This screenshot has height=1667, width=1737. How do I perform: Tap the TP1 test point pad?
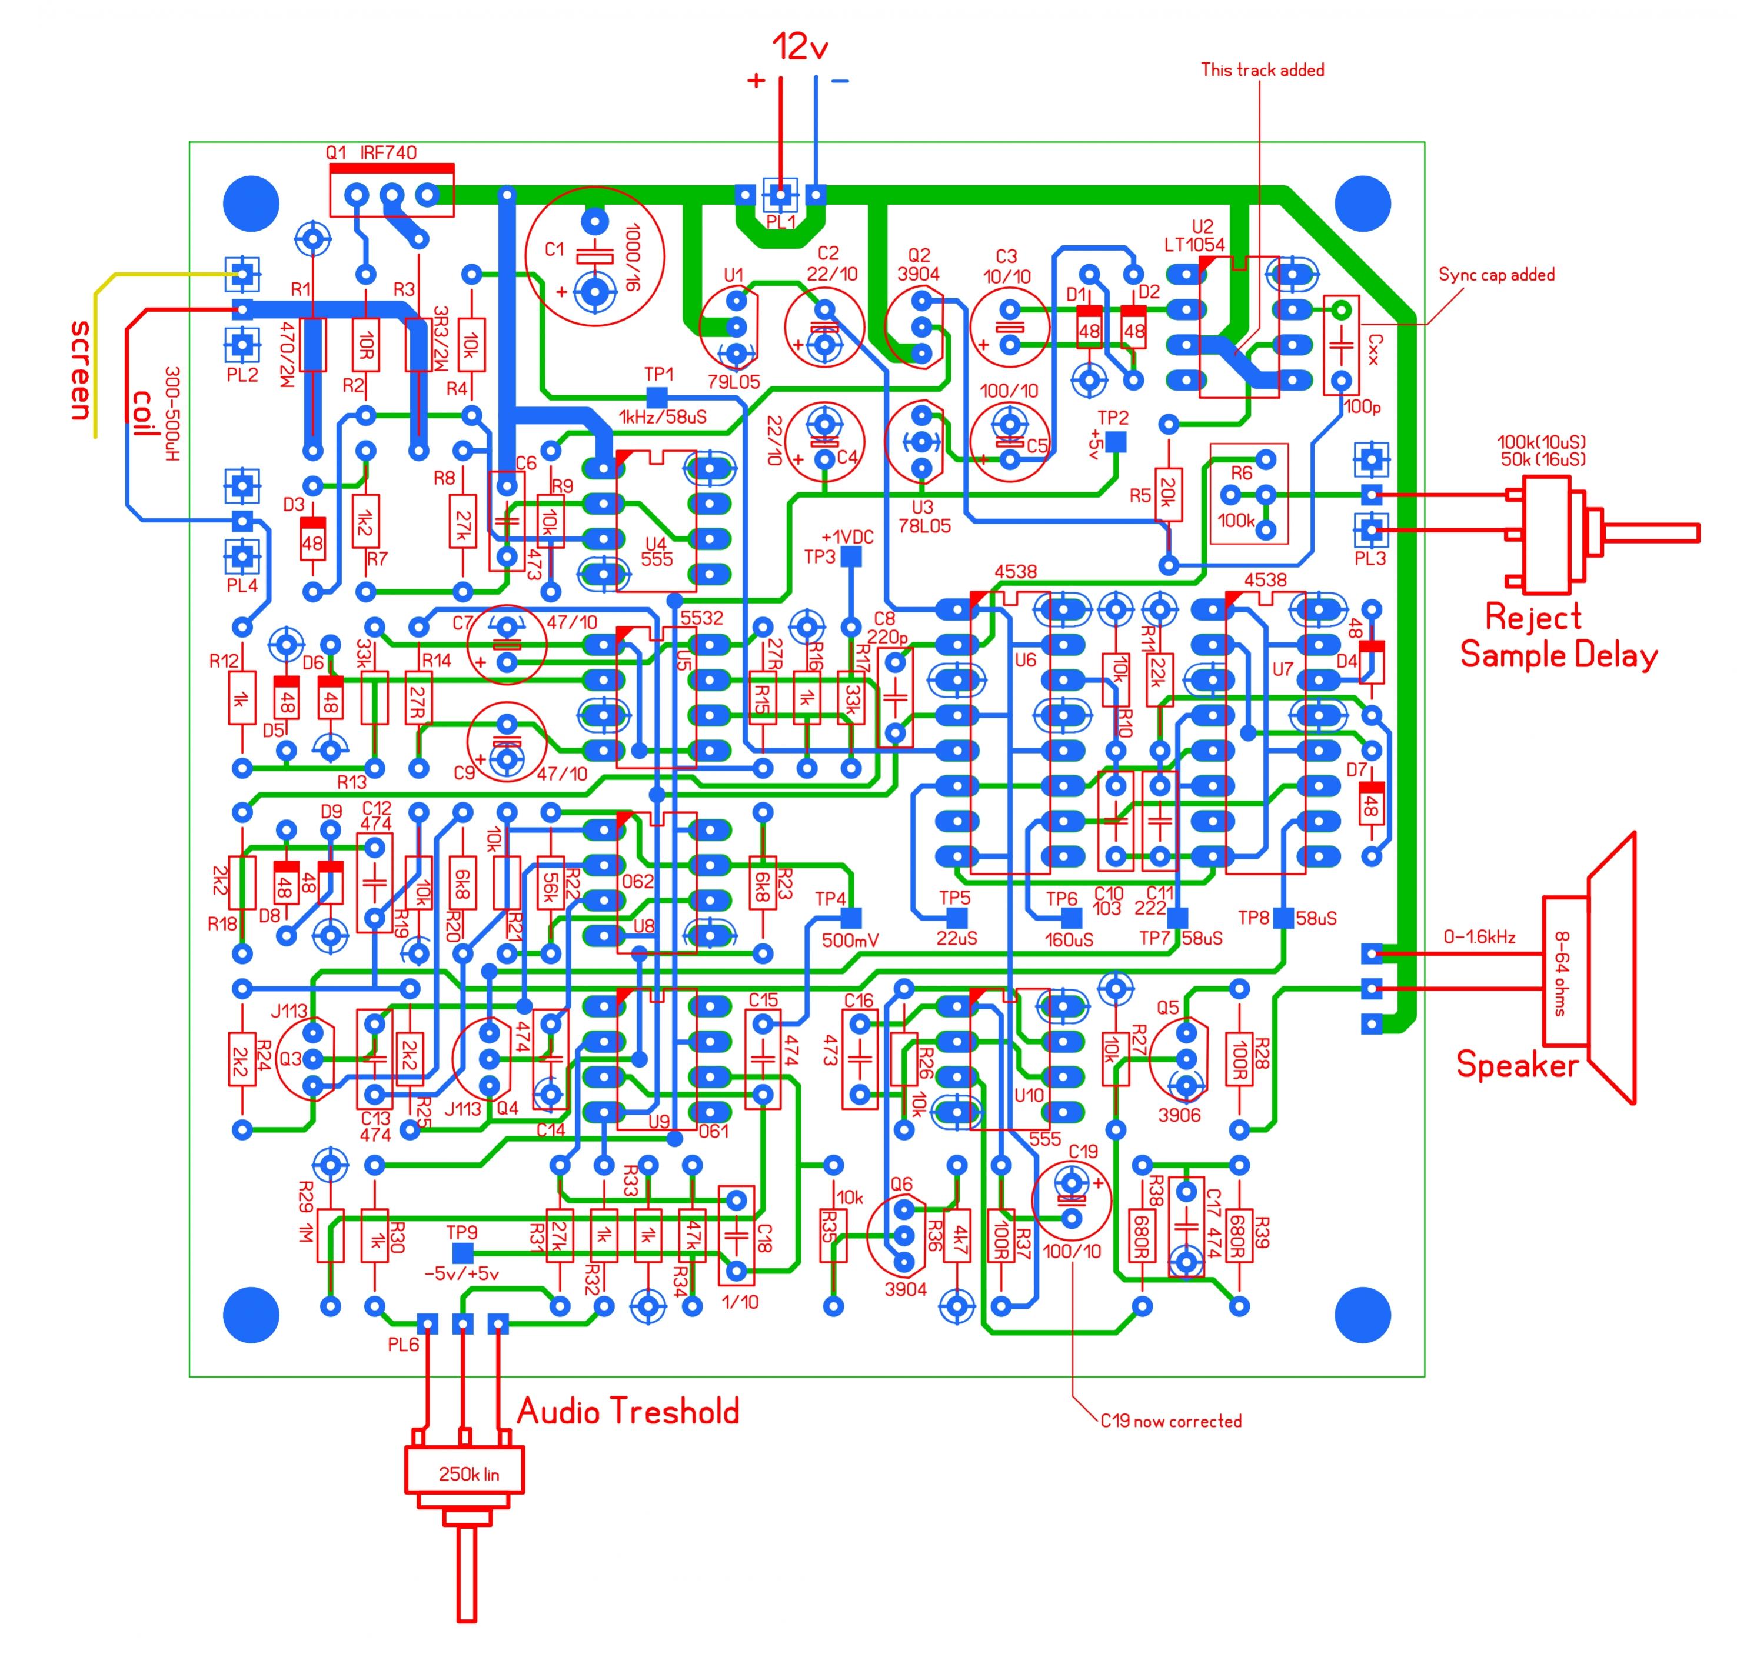pyautogui.click(x=657, y=397)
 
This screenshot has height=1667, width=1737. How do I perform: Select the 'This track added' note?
pyautogui.click(x=1262, y=70)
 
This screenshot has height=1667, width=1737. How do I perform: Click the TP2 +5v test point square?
pyautogui.click(x=1115, y=440)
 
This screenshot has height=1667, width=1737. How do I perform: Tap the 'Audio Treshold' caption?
pyautogui.click(x=627, y=1411)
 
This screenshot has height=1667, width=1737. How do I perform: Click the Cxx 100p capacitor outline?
pyautogui.click(x=1341, y=345)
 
